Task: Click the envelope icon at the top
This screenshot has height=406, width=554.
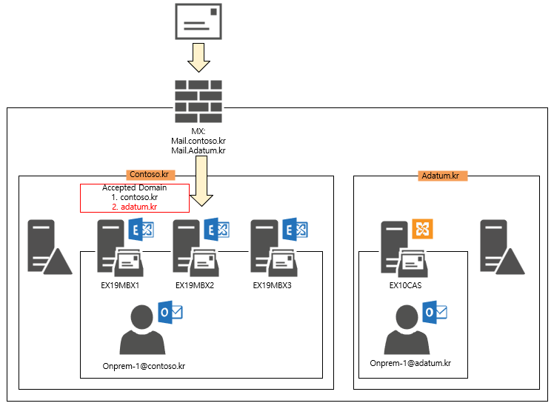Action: (198, 21)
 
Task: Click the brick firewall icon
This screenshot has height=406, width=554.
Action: (198, 101)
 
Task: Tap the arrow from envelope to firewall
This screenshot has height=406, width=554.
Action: (198, 58)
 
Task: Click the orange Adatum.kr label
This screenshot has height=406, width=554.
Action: (440, 176)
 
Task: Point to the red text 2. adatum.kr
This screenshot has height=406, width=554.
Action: (134, 207)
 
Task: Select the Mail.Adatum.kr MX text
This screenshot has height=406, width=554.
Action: (198, 150)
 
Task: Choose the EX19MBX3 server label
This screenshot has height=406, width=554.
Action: (272, 284)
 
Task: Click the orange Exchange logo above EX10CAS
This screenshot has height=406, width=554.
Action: (422, 228)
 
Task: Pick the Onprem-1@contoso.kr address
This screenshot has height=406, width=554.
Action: (144, 365)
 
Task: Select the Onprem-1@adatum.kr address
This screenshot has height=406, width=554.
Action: (410, 363)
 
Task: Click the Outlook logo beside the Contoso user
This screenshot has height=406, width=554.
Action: (171, 313)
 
